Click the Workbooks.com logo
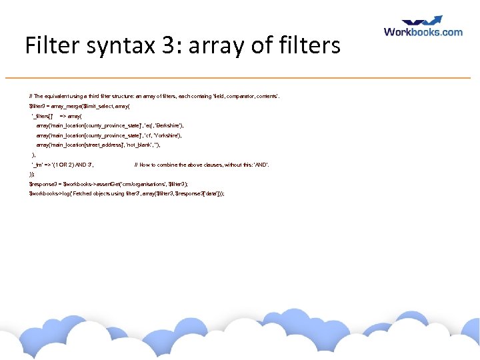coord(423,31)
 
